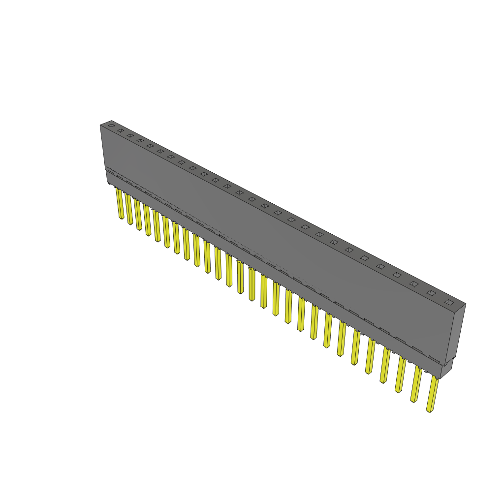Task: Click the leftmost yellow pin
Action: tap(120, 204)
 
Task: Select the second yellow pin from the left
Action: tap(129, 210)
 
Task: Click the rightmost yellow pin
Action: tap(433, 394)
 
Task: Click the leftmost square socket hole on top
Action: tap(111, 126)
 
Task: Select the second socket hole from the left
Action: tap(121, 130)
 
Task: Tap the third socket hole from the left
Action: tap(130, 135)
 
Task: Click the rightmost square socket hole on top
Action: tap(448, 302)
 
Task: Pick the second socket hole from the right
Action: tap(431, 293)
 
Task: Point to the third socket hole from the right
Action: tap(414, 284)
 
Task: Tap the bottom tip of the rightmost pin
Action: tap(430, 410)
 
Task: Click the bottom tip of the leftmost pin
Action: tap(121, 218)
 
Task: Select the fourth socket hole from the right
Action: tap(397, 275)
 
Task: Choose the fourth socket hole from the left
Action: tap(140, 141)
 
